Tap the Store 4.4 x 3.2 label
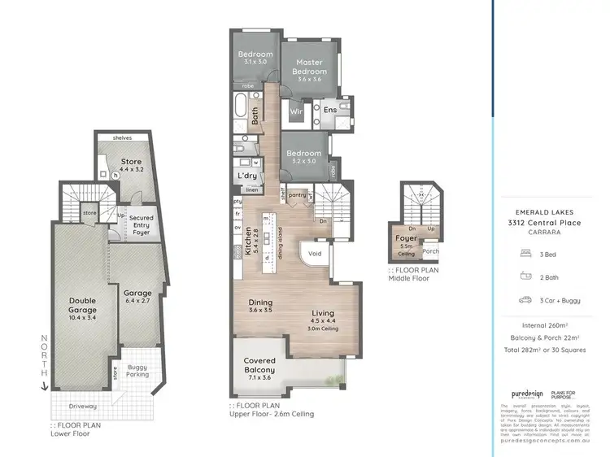pyautogui.click(x=131, y=166)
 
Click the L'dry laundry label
pyautogui.click(x=246, y=176)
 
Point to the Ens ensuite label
pyautogui.click(x=330, y=110)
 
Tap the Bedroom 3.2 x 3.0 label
pyautogui.click(x=305, y=156)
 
